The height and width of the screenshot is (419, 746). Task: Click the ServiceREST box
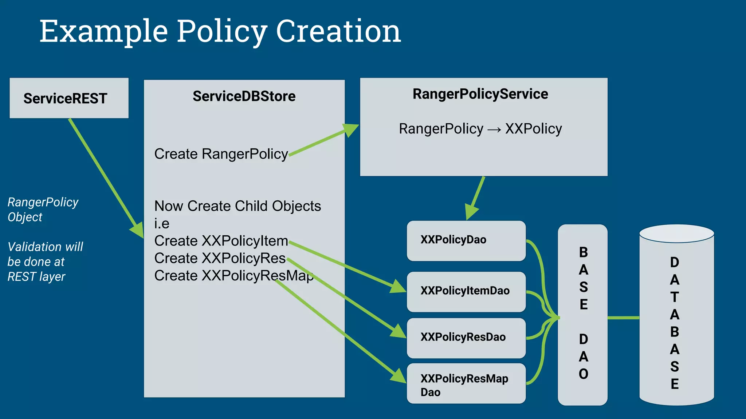[x=69, y=98]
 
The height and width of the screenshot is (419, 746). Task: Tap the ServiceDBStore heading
[x=244, y=96]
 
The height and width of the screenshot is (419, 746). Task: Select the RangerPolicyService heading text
[x=480, y=94]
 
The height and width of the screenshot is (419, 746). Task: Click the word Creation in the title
[x=338, y=31]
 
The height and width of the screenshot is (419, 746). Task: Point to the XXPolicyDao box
[x=466, y=240]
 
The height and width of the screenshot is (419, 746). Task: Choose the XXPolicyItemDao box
[x=466, y=291]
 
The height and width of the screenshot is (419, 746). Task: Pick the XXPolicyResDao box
[x=466, y=338]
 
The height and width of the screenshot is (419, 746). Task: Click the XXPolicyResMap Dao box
[x=466, y=384]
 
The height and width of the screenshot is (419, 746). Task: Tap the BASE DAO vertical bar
[x=583, y=315]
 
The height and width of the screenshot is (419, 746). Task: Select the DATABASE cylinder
[x=676, y=320]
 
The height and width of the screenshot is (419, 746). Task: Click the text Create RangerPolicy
[x=221, y=154]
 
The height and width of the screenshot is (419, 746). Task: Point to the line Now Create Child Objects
[x=237, y=206]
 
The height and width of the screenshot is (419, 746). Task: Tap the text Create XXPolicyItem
[x=221, y=241]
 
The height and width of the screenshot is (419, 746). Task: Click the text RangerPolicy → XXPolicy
[x=480, y=129]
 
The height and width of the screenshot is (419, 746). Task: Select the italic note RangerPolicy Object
[x=43, y=209]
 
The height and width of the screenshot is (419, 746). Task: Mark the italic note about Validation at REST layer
[x=45, y=262]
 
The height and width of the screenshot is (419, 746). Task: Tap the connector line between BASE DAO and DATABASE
[x=623, y=318]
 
